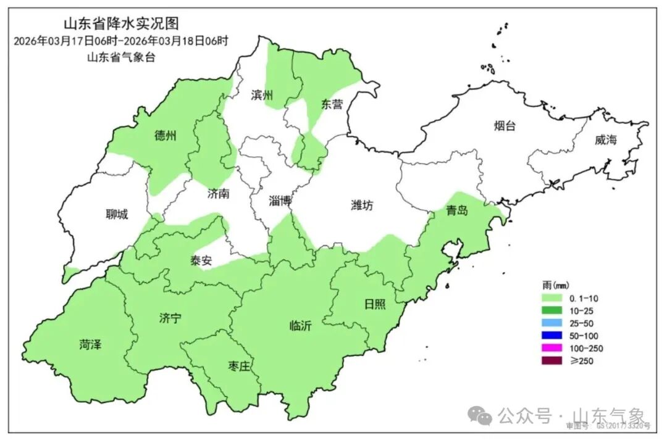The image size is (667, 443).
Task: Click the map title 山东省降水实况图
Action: click(x=121, y=24)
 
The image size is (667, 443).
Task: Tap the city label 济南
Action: click(x=219, y=194)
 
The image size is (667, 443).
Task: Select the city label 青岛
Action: click(x=457, y=211)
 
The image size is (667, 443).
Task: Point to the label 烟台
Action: click(x=504, y=126)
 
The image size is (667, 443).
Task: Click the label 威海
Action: click(x=606, y=140)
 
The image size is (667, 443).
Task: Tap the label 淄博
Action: click(x=280, y=201)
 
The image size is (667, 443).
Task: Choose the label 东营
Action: click(x=332, y=104)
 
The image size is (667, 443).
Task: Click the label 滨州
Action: click(x=262, y=95)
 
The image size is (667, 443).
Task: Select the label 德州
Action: click(x=166, y=136)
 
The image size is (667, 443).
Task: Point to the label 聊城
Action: click(x=117, y=214)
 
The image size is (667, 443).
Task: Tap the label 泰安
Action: click(x=201, y=260)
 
